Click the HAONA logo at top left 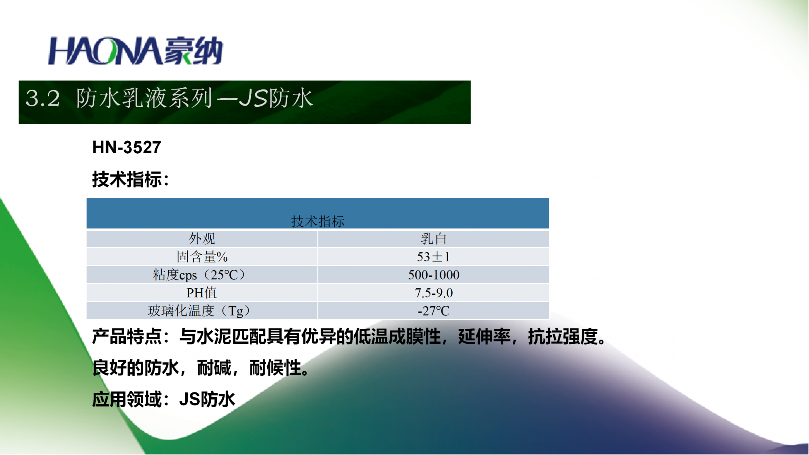tap(136, 51)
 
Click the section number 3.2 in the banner tap(43, 98)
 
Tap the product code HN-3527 tap(127, 147)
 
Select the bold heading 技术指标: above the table tap(131, 179)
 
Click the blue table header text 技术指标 tap(318, 221)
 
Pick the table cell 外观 tap(202, 239)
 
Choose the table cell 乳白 tap(434, 239)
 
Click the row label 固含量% tap(202, 256)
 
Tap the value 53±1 tap(434, 257)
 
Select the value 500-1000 tap(434, 275)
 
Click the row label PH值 tap(201, 292)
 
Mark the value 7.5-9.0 tap(434, 293)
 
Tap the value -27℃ tap(434, 311)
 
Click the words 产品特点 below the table tap(127, 336)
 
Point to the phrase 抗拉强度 tap(563, 336)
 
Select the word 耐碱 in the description tap(214, 368)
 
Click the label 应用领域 tap(127, 399)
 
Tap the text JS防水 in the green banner tap(276, 98)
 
